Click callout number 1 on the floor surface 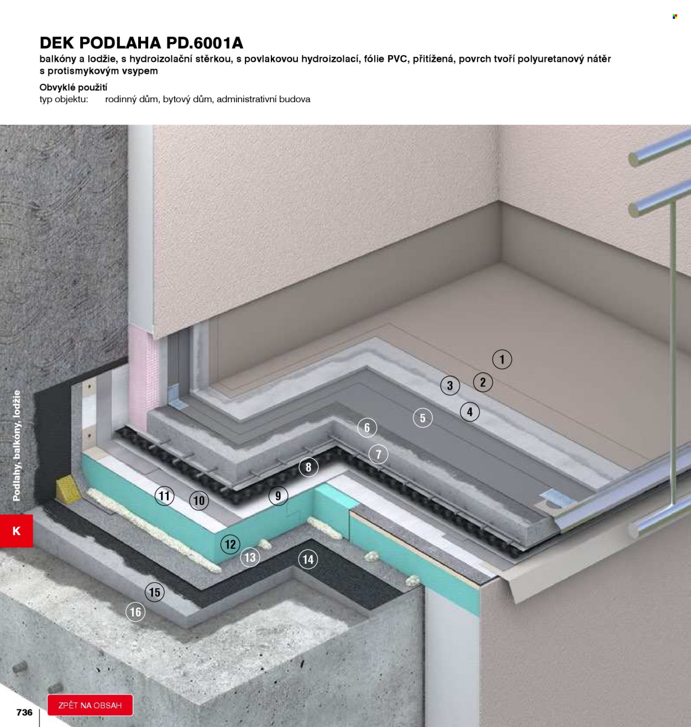502,359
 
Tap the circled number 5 423,418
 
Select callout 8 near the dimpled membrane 308,467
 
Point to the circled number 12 230,544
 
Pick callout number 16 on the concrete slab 135,612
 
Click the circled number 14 308,559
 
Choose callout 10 199,501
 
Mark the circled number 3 450,385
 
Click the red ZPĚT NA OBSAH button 90,705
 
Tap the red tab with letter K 16,531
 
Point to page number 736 24,712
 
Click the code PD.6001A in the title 205,43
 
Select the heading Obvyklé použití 74,88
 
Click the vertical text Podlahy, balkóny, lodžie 17,446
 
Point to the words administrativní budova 264,99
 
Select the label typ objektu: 64,99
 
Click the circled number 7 378,454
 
